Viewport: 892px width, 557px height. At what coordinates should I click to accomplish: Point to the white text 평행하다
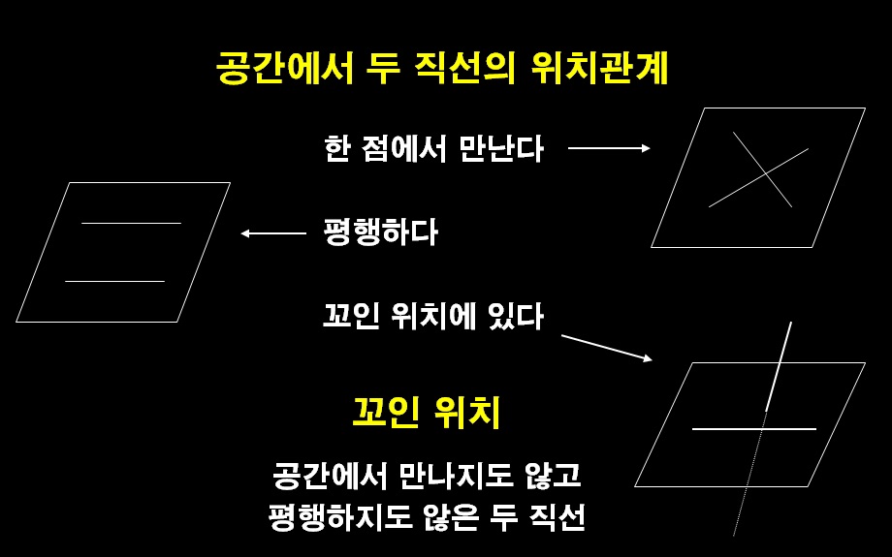(x=379, y=232)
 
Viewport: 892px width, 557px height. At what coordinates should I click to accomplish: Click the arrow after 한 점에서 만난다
(x=608, y=148)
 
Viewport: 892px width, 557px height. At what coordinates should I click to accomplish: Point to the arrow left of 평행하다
(x=273, y=232)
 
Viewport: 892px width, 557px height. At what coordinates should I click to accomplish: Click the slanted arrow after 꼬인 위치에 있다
(x=607, y=349)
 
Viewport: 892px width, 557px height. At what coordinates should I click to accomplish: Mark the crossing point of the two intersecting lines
(x=767, y=174)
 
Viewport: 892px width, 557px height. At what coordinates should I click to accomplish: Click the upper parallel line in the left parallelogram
(x=131, y=223)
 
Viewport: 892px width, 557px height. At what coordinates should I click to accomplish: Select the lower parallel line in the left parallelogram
(x=114, y=281)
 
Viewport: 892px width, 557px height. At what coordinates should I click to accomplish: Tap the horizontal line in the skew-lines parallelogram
(x=737, y=428)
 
